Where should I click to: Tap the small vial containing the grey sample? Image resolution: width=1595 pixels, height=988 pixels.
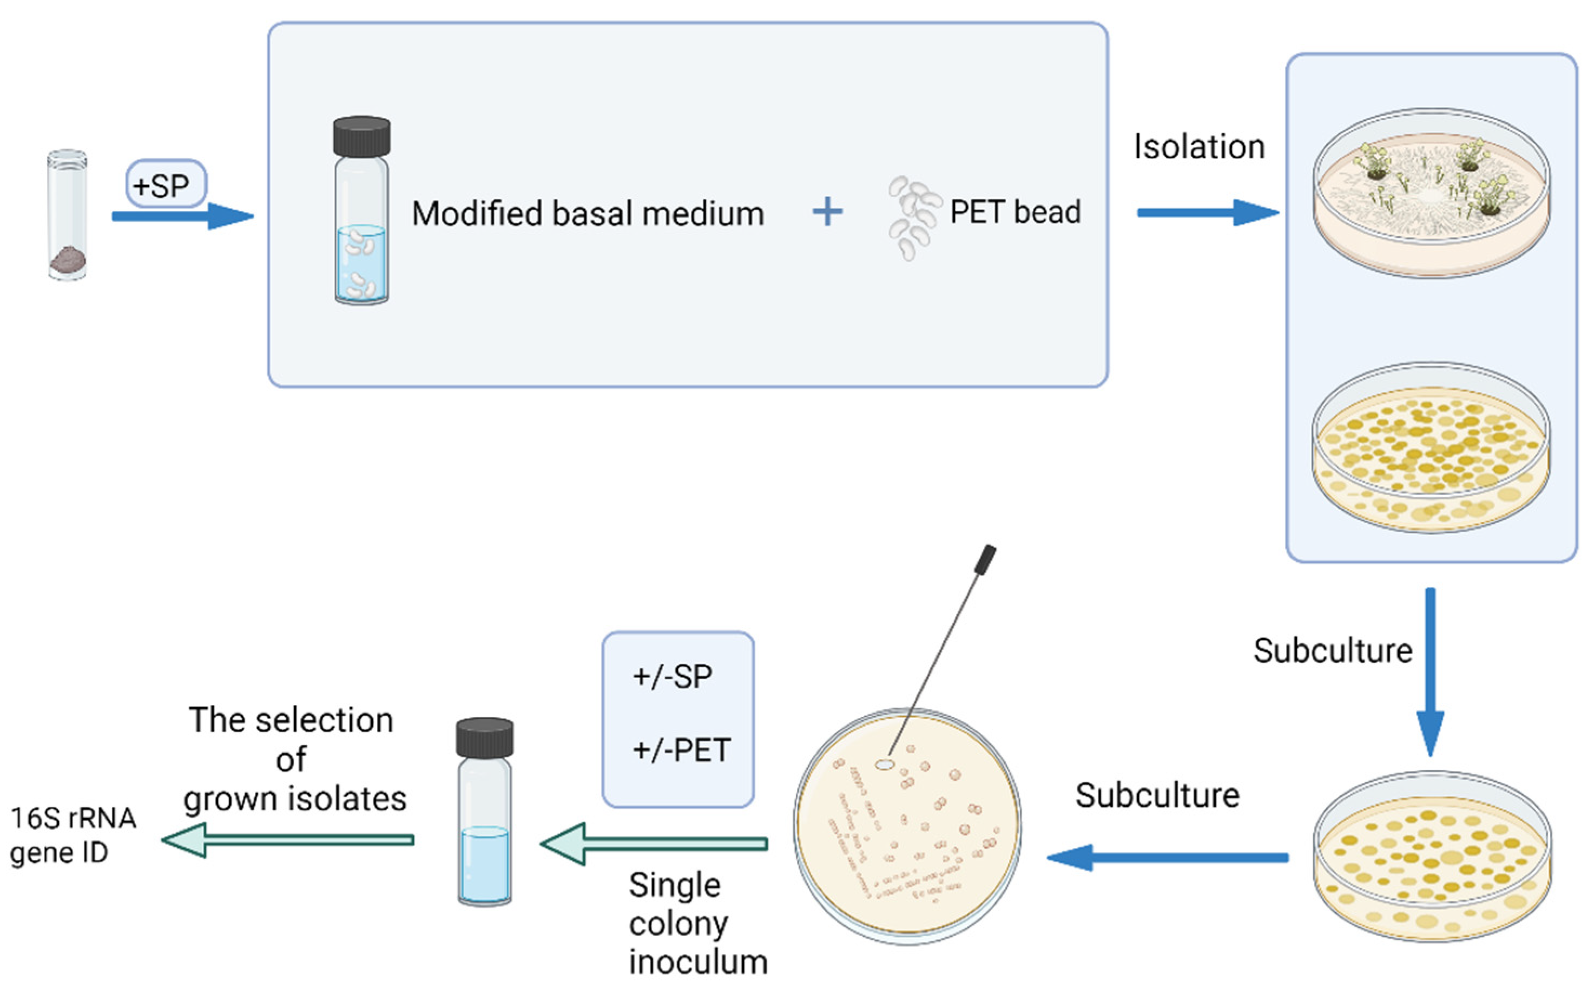tap(67, 216)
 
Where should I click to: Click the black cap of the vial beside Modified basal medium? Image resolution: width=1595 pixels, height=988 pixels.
tap(361, 136)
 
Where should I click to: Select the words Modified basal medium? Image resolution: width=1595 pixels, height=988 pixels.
tap(588, 214)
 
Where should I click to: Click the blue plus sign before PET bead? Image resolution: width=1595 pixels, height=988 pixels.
tap(827, 212)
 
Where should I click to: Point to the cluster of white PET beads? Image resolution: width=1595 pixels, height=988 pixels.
tap(912, 216)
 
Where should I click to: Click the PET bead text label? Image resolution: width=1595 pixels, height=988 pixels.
tap(1015, 212)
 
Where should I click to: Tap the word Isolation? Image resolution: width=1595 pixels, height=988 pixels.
tap(1199, 147)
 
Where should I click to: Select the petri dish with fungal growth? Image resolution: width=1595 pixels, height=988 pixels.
tap(1431, 193)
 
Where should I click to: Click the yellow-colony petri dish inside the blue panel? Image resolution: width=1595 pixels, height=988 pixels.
tap(1431, 448)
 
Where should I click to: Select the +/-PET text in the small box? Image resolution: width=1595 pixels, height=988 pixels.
tap(681, 750)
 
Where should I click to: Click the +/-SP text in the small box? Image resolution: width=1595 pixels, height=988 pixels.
tap(673, 676)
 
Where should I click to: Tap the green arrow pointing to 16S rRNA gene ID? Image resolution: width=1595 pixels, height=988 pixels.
tap(287, 840)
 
